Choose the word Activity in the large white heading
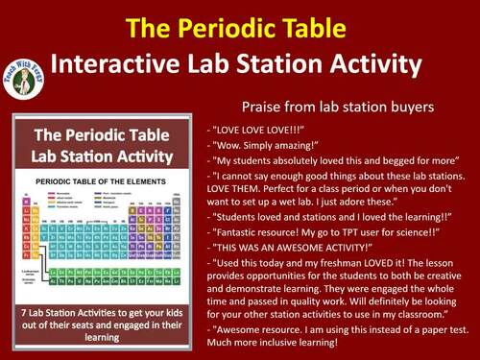[x=371, y=65]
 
